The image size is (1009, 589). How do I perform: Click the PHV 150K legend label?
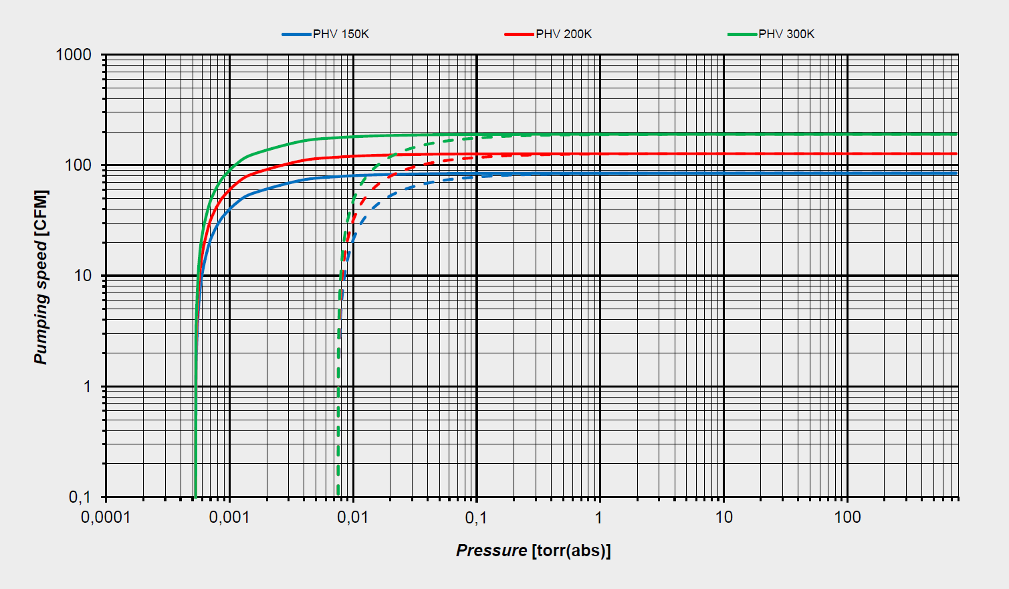340,34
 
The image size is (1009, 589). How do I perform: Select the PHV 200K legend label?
563,34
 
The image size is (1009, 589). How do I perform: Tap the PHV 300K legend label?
786,34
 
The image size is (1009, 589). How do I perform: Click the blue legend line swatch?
296,34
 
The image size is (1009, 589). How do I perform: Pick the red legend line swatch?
519,34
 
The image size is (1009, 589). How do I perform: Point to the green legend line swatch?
742,34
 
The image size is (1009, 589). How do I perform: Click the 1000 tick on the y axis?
74,55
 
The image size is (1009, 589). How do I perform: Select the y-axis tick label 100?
78,165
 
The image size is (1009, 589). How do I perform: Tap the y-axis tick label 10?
83,276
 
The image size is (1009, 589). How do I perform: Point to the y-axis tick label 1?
88,387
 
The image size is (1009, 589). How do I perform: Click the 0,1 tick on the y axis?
80,497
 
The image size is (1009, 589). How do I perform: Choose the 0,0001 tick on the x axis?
106,517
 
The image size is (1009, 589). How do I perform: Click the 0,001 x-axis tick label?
229,517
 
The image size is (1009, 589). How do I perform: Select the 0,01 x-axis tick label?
352,517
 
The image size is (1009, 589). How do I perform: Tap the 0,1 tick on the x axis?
476,517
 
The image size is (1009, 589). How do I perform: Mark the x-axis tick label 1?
599,517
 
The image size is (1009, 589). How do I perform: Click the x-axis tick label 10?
723,517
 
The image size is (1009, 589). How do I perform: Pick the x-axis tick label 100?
847,517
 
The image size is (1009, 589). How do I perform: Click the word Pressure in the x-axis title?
491,551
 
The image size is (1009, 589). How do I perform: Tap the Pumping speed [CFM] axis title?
41,277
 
